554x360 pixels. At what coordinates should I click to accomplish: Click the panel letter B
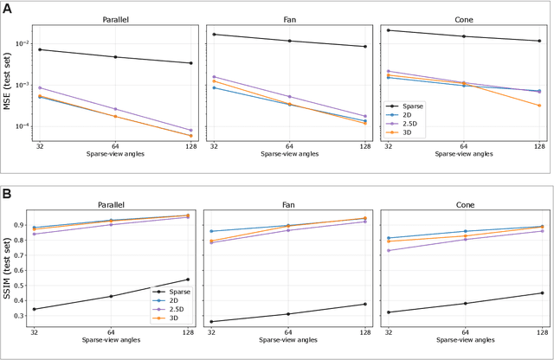pos(7,195)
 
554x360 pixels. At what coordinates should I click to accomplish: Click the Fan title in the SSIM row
pos(289,205)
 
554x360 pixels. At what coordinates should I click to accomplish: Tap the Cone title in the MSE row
pos(464,18)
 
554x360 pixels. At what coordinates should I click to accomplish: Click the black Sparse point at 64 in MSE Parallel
pos(115,57)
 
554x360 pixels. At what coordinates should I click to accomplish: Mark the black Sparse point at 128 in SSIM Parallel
pos(190,280)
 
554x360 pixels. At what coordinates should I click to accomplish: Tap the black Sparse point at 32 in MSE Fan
pos(215,35)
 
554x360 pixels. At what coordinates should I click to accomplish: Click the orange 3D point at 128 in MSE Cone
pos(539,106)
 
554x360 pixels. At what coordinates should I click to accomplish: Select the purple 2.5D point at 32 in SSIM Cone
pos(389,251)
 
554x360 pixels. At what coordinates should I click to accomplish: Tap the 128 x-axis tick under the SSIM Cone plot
pos(539,332)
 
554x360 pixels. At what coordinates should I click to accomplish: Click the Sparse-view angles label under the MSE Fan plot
pos(289,154)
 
